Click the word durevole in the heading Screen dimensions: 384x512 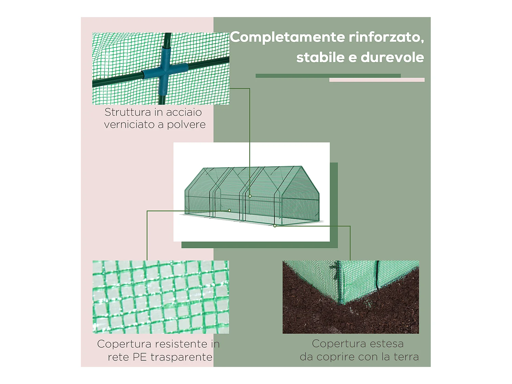[392, 57]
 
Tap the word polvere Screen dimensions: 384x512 [186, 125]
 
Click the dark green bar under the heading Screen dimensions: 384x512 [328, 76]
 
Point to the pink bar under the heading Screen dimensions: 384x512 [377, 80]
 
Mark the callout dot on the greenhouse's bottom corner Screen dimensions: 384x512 [275, 226]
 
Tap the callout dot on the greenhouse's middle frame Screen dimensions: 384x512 [250, 196]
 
